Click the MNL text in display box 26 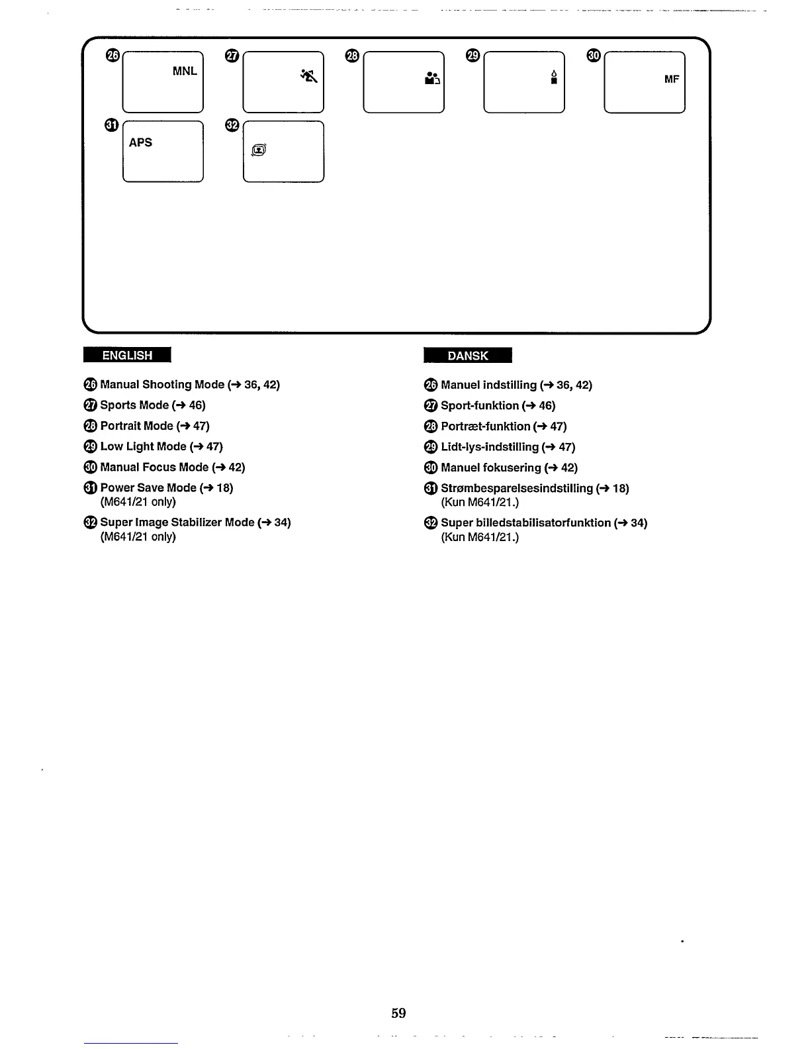[x=185, y=71]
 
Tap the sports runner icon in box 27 [x=309, y=76]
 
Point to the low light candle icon [x=554, y=77]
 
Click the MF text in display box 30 [x=672, y=79]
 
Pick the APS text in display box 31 [x=140, y=142]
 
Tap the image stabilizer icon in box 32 [x=259, y=151]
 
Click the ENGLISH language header [x=127, y=356]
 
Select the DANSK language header [x=467, y=356]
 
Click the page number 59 [x=398, y=1013]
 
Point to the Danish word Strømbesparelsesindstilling [x=516, y=488]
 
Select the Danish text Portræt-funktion [x=485, y=426]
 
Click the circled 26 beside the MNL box [x=112, y=56]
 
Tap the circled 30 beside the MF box [x=594, y=56]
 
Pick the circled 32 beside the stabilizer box [x=232, y=126]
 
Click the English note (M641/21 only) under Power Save [x=138, y=502]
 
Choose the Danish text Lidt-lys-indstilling [x=489, y=447]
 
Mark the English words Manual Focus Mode [x=154, y=467]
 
